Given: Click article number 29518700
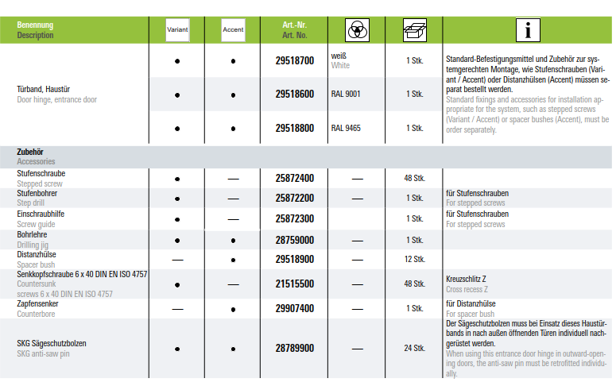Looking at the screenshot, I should coord(294,60).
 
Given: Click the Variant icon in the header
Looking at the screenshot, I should coord(176,29).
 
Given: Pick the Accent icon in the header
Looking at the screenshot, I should coord(233,29).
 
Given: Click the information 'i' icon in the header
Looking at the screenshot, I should coord(528,29).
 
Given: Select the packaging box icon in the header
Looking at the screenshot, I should coord(413,29).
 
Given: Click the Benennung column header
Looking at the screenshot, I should coord(35,25).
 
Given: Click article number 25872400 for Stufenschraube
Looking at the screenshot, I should coord(294,178).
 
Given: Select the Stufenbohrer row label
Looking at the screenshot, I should coord(37,194).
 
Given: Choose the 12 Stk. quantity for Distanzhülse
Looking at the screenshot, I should coord(413,260).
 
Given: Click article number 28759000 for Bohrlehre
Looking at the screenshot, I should coord(294,240).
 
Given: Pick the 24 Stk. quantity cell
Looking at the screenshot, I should coord(413,348).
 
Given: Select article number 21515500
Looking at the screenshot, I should coord(294,284).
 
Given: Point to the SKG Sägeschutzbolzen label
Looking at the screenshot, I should coord(51,343).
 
